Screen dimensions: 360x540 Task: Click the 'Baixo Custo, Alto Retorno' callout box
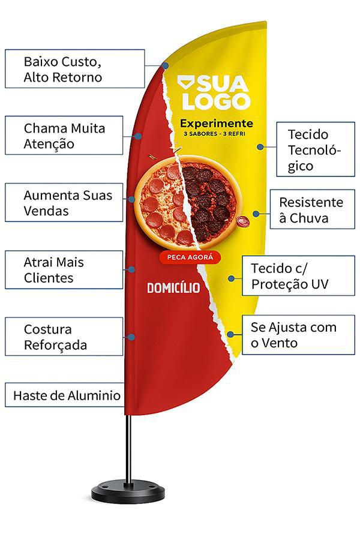[75, 68]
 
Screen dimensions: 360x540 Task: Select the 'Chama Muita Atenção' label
[64, 136]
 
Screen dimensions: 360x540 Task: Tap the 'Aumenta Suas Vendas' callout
[64, 202]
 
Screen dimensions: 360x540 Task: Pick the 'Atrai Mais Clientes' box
[64, 269]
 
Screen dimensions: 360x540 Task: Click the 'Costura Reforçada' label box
[64, 337]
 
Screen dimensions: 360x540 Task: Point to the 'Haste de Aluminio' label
[65, 395]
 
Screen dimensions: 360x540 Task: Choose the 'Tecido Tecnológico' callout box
[316, 149]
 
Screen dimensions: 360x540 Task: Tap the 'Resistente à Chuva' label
[312, 209]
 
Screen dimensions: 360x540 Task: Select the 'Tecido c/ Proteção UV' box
[298, 275]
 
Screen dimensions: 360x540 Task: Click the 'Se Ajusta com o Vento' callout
[298, 335]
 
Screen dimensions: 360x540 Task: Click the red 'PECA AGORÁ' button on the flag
[190, 257]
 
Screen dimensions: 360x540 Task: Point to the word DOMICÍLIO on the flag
[173, 287]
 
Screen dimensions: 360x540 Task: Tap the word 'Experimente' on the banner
[217, 123]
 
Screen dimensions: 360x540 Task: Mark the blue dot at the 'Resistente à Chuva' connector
[256, 214]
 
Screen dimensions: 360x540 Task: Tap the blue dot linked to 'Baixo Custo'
[166, 65]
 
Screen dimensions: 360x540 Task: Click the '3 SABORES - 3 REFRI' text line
[214, 134]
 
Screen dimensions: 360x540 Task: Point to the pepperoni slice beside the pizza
[244, 221]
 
